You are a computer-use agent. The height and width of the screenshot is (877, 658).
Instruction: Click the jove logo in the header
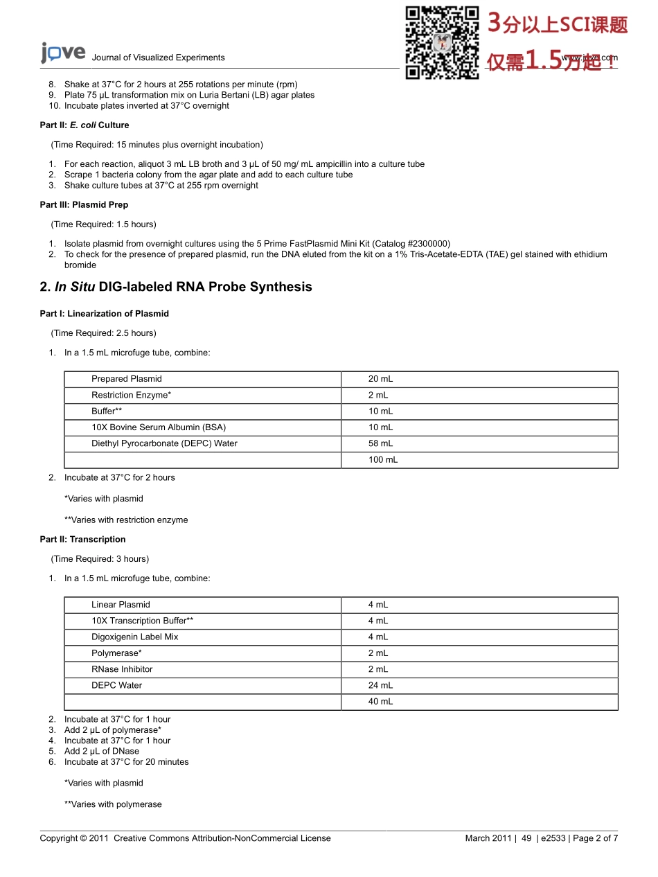coord(62,53)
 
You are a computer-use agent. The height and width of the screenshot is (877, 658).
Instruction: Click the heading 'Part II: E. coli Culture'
coord(85,125)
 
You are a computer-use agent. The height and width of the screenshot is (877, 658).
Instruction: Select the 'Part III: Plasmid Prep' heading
coord(84,205)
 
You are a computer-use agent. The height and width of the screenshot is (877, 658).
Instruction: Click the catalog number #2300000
coord(418,244)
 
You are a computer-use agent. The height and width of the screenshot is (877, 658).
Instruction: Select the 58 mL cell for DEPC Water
coord(380,443)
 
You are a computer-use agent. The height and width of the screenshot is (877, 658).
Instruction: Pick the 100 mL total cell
coord(382,460)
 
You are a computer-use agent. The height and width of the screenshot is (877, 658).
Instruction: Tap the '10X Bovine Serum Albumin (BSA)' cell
coord(159,427)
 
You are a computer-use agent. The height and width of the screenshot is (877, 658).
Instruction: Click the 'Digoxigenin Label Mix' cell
coord(135,637)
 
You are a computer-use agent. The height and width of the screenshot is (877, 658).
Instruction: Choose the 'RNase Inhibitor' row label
coord(122,669)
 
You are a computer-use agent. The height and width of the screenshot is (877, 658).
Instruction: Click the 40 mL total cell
coord(380,702)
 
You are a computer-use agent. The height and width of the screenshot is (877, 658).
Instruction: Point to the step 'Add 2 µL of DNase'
coord(102,751)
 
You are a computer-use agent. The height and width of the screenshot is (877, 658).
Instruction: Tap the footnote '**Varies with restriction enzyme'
coord(126,520)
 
